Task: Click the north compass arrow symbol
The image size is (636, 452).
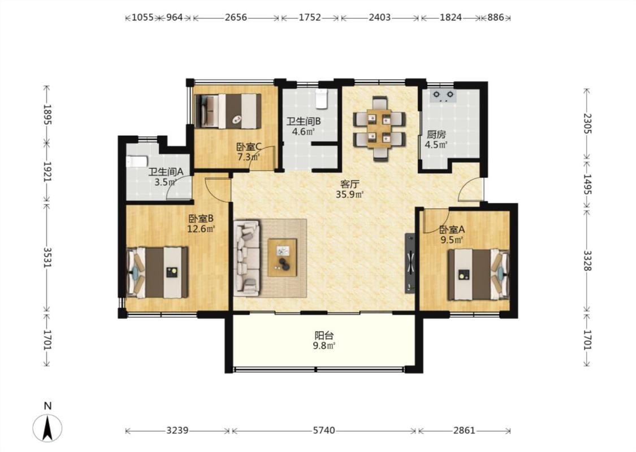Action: pos(47,428)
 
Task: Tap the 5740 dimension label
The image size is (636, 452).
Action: pos(324,430)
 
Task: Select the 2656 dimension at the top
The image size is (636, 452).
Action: pos(236,18)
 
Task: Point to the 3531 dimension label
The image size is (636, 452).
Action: pos(47,257)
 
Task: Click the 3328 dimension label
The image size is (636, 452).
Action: pos(587,260)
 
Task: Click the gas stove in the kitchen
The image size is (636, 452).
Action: pos(443,95)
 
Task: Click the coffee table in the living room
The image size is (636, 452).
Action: pos(282,258)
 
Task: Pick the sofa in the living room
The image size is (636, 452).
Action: pos(246,257)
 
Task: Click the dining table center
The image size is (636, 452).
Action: pos(379,129)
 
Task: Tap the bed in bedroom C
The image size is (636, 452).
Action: pos(228,111)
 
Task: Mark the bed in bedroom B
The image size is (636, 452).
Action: pos(157,272)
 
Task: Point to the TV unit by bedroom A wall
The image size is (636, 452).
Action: pos(410,263)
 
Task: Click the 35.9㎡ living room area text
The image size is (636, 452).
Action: pos(349,194)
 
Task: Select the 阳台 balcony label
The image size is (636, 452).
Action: pos(325,336)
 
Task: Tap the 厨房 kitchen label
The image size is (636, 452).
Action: pos(436,134)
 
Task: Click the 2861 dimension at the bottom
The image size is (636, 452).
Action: pos(464,430)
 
